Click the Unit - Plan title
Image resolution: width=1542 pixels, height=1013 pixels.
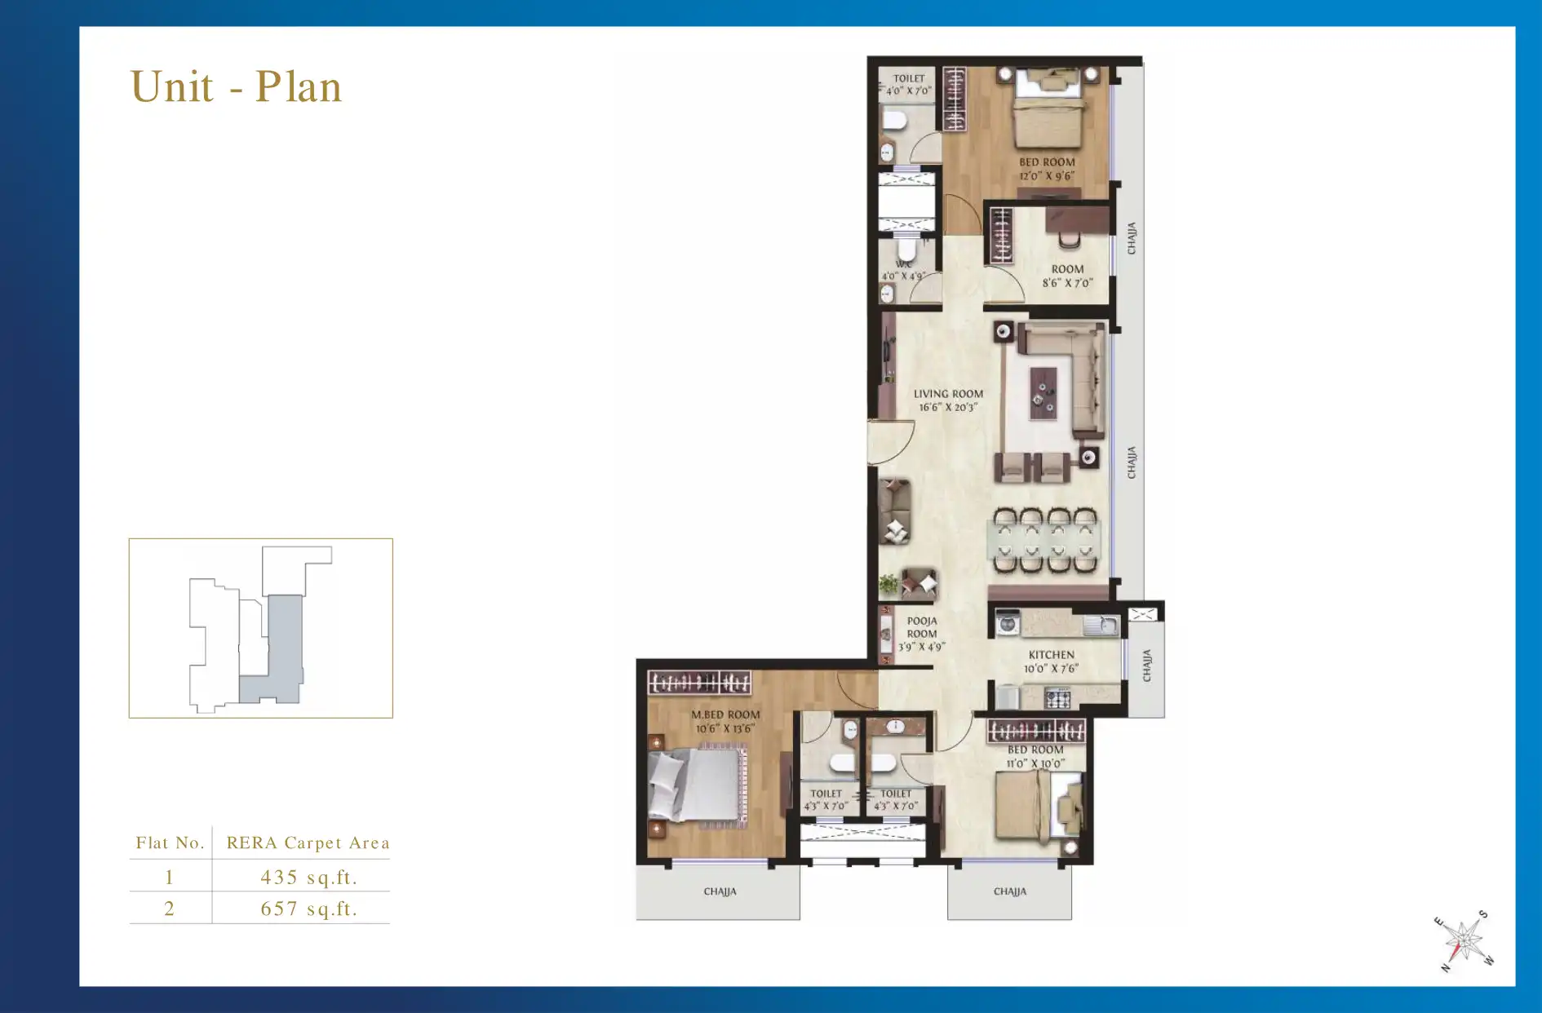[236, 86]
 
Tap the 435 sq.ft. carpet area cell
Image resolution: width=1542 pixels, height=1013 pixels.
[308, 877]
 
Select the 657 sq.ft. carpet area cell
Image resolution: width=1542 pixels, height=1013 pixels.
[308, 909]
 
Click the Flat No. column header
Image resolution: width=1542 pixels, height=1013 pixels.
[170, 843]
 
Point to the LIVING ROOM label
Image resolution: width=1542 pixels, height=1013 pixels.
[948, 394]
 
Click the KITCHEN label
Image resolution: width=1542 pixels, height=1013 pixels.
[1051, 655]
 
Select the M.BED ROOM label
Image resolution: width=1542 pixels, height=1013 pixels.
[725, 714]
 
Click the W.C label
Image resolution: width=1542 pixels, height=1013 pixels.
[904, 264]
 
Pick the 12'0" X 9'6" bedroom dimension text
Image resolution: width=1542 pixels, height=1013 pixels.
[1047, 176]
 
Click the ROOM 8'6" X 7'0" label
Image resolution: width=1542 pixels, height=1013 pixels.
[1067, 276]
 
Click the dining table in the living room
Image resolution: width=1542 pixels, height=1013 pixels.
[1045, 540]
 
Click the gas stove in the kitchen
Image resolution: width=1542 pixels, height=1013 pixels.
[1058, 698]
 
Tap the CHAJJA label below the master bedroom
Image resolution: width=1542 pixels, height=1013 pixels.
[720, 891]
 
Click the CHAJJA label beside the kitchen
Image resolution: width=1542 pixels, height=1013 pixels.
[1146, 666]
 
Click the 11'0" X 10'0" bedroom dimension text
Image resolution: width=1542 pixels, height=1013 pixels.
[1035, 764]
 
